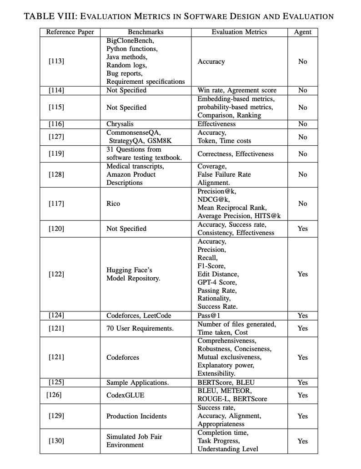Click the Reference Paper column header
click(x=70, y=32)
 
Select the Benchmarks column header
click(x=145, y=32)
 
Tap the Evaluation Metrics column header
click(x=239, y=32)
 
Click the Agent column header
click(x=302, y=32)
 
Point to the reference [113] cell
click(x=56, y=61)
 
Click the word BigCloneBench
click(x=130, y=41)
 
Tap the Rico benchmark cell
click(x=113, y=204)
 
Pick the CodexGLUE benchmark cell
click(x=125, y=395)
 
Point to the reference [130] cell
click(x=56, y=441)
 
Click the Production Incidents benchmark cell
click(x=136, y=416)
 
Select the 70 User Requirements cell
click(x=140, y=328)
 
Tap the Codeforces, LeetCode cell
click(x=139, y=316)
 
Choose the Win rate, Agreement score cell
click(x=237, y=90)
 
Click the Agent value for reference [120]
click(x=302, y=229)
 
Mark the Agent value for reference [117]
click(x=302, y=204)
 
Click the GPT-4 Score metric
click(x=217, y=282)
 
